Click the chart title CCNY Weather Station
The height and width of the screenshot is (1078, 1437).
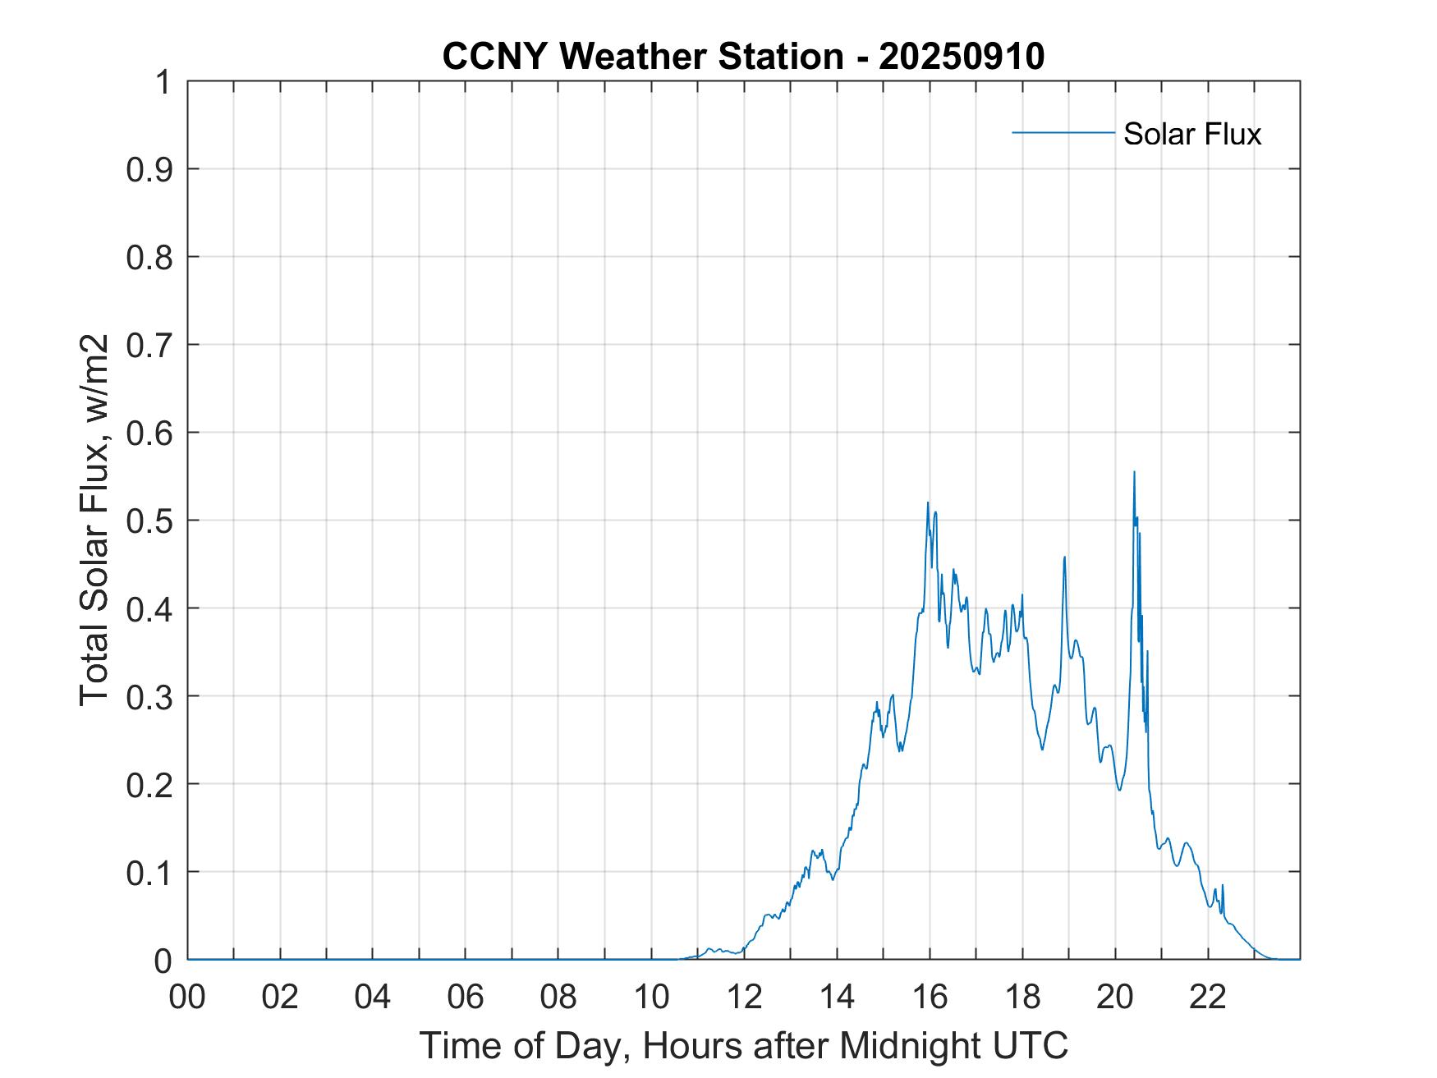click(642, 57)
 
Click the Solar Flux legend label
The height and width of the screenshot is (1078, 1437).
click(1191, 134)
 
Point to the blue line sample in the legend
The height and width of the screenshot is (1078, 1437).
click(1063, 132)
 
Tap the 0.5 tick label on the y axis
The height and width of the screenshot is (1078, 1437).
click(149, 521)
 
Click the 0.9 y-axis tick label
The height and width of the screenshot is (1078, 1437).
click(149, 170)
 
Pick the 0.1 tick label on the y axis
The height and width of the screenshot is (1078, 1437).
click(149, 873)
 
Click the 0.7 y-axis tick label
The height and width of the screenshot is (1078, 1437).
click(149, 346)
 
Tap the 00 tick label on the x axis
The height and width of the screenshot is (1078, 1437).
click(187, 997)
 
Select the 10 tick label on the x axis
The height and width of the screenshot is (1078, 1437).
click(651, 997)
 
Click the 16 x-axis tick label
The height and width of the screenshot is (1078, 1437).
click(930, 997)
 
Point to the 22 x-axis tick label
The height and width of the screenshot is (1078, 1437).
click(1208, 997)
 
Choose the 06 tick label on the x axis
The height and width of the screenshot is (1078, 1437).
click(466, 997)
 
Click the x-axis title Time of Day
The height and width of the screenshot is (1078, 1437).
click(744, 1045)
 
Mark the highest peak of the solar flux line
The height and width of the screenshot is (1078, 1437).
click(1134, 472)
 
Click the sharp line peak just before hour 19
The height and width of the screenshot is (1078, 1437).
click(1064, 557)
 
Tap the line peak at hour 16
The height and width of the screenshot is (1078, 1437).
click(928, 502)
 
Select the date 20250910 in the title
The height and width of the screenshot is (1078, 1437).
click(962, 57)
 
